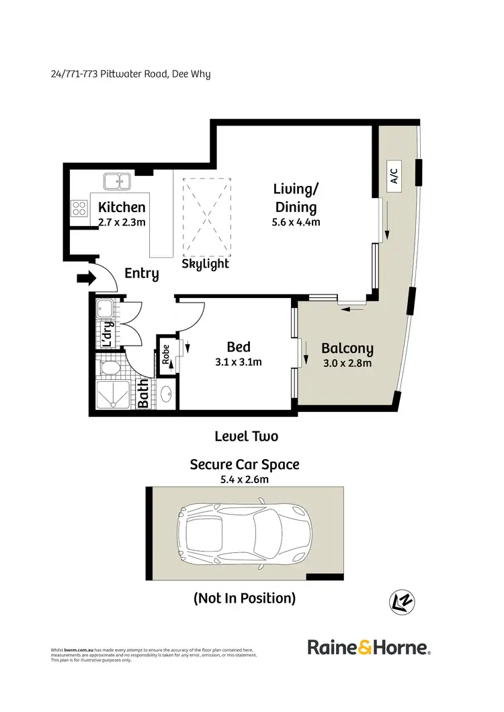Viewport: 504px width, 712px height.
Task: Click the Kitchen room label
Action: coord(122,207)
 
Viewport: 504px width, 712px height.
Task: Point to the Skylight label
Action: coord(206,264)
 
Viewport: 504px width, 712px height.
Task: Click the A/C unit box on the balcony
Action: coord(394,176)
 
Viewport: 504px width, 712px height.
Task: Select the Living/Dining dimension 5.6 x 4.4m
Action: coord(295,222)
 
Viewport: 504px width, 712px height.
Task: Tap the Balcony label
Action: coord(347,349)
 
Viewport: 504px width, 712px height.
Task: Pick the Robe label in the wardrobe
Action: coord(165,354)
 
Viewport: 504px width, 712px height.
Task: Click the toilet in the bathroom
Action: coord(109,368)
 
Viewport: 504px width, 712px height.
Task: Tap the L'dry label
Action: coord(106,334)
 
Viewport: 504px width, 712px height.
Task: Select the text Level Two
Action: coord(246,436)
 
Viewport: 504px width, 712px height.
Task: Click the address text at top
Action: coord(130,74)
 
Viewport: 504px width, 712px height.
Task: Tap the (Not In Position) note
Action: coord(244,598)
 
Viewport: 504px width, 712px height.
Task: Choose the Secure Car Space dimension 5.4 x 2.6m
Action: coord(245,479)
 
